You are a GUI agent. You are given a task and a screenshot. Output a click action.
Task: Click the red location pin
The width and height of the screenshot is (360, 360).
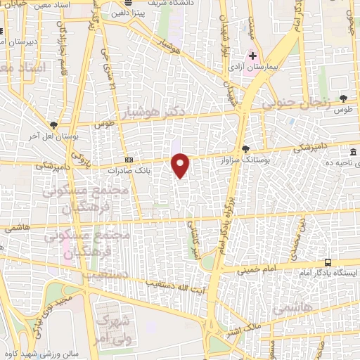click(x=181, y=165)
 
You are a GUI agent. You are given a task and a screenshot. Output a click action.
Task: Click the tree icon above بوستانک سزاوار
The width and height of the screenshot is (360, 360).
click(x=245, y=148)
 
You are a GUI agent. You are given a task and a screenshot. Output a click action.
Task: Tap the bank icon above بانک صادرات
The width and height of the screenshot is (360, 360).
click(x=128, y=160)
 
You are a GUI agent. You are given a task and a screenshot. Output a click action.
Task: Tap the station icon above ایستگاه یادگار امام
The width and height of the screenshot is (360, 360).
click(x=328, y=262)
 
